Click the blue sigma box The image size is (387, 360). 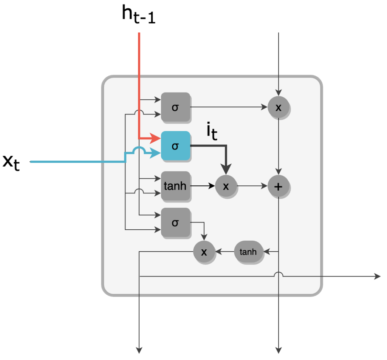[175, 146]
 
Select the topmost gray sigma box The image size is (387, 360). [175, 107]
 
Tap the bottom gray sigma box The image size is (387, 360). [175, 222]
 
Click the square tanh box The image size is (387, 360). [175, 186]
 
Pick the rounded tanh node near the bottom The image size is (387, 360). [248, 252]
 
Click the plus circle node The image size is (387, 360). [279, 186]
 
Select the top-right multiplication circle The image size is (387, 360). [279, 107]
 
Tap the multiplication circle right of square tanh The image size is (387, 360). [226, 186]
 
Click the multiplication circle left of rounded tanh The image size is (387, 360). [204, 252]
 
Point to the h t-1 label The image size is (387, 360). [139, 15]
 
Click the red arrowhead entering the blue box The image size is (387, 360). [156, 138]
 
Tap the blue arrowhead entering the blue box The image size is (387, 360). [156, 153]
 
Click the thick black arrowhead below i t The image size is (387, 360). [226, 169]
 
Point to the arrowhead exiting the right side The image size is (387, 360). [378, 277]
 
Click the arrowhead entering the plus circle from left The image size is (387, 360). [265, 186]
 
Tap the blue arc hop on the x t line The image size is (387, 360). [139, 148]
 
